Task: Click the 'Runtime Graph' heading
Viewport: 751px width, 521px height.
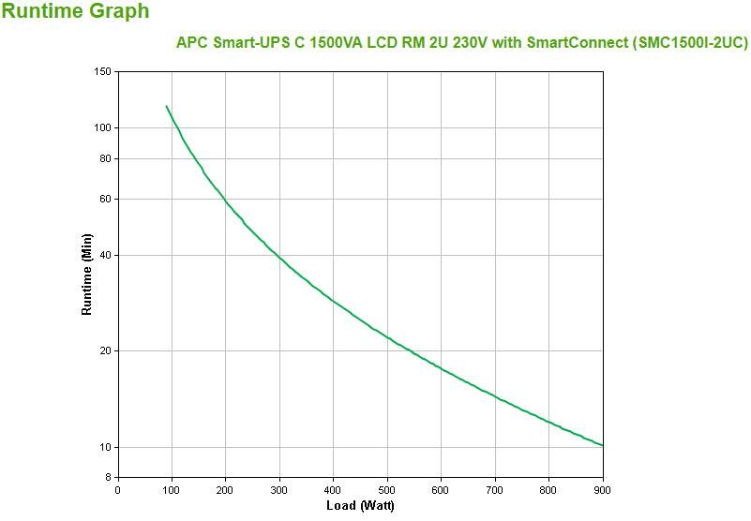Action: pos(75,12)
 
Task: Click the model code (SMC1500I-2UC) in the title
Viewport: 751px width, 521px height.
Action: pos(691,43)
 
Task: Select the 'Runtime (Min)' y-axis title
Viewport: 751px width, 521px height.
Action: pos(87,274)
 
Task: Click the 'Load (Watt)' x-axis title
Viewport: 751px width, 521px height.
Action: pos(360,506)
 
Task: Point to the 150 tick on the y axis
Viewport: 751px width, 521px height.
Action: pos(103,72)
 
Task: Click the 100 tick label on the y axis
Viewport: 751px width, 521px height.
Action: pos(103,128)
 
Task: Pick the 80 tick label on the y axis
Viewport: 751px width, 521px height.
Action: pos(106,159)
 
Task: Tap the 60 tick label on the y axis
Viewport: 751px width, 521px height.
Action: pos(106,199)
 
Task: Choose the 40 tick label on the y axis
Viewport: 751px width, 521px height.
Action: pos(106,255)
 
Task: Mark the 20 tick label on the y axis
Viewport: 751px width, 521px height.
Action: pos(106,351)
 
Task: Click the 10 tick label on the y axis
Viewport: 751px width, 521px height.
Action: pos(106,447)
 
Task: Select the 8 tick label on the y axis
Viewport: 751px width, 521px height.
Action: pos(109,478)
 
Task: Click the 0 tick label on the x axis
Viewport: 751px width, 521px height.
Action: pos(117,489)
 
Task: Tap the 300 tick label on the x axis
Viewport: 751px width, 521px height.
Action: pos(279,489)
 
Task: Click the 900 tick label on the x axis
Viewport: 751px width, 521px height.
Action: pos(603,489)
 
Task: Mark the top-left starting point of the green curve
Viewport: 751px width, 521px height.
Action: pos(166,106)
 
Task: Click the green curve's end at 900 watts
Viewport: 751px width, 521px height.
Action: pos(603,445)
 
